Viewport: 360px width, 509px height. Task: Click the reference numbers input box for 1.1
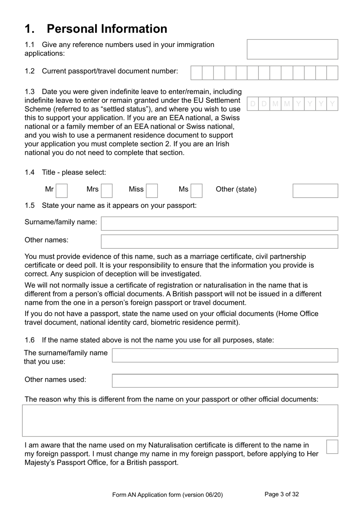292,49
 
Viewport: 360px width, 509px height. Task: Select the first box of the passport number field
196,73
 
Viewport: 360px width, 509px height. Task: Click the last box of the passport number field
332,73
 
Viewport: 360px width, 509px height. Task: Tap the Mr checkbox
61,191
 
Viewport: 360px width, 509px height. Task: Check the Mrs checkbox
106,191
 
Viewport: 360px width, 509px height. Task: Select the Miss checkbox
152,191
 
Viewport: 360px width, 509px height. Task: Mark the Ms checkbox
196,191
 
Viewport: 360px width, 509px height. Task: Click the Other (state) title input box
315,191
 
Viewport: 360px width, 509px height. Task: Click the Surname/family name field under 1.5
219,223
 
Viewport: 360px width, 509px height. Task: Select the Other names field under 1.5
219,242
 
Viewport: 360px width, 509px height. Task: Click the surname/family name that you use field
225,355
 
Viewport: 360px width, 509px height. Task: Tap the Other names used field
225,381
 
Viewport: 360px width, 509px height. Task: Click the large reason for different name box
180,421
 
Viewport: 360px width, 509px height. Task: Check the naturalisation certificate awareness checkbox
332,447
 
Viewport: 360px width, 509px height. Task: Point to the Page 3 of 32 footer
282,494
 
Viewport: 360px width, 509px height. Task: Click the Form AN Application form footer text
167,495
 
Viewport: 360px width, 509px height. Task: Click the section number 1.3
30,92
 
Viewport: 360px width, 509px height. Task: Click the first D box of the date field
253,104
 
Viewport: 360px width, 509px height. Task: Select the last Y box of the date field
332,104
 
